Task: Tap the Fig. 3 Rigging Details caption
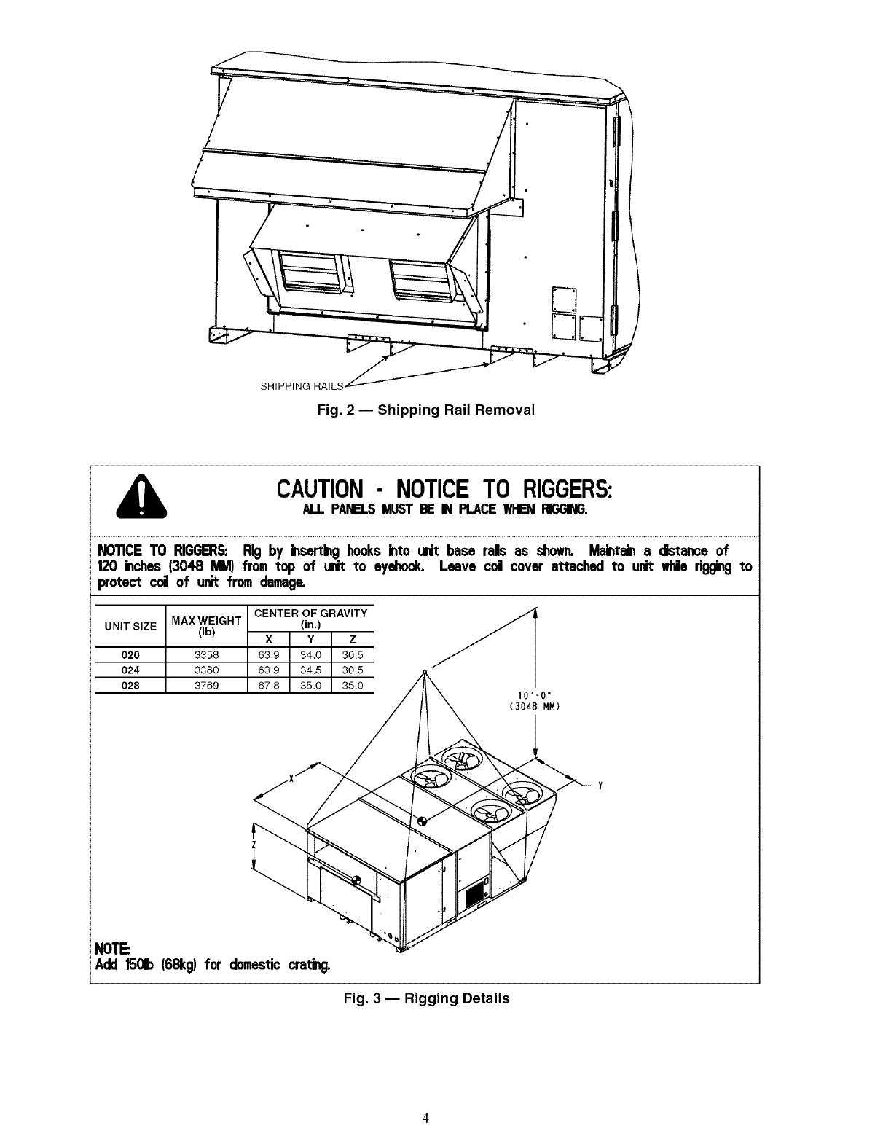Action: click(426, 998)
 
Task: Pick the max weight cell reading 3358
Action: click(207, 654)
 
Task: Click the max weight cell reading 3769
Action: click(207, 685)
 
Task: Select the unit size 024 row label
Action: click(130, 670)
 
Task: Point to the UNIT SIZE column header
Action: click(130, 626)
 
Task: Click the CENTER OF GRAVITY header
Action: click(311, 614)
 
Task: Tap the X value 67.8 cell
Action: click(269, 685)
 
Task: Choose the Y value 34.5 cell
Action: click(310, 670)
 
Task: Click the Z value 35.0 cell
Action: click(352, 685)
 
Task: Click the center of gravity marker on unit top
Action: click(422, 820)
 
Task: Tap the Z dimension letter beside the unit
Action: click(252, 845)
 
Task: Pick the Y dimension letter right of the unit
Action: click(599, 786)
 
